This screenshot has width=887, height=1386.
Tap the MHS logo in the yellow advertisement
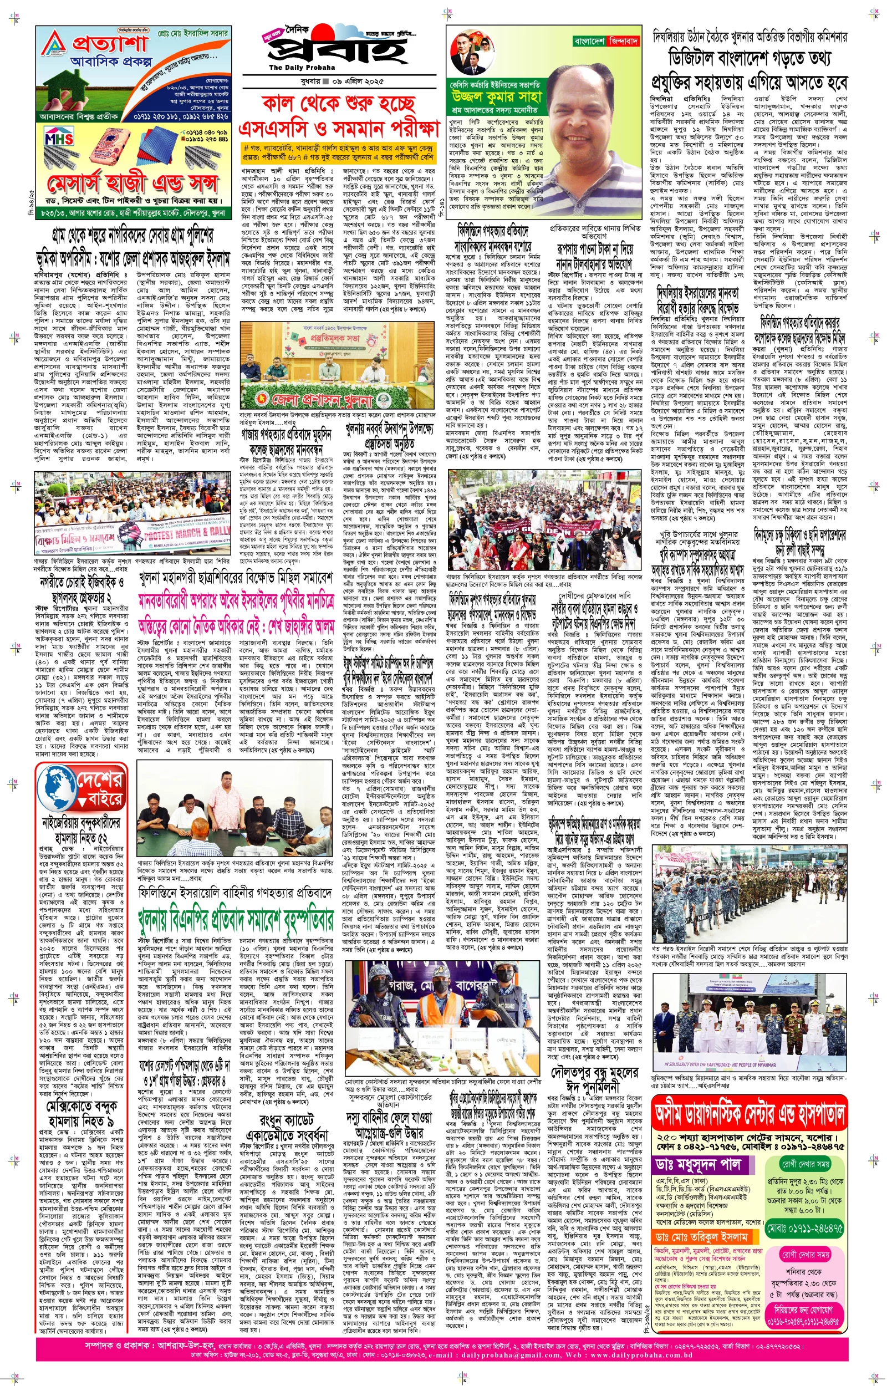click(59, 139)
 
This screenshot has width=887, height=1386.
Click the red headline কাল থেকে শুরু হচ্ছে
click(339, 104)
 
